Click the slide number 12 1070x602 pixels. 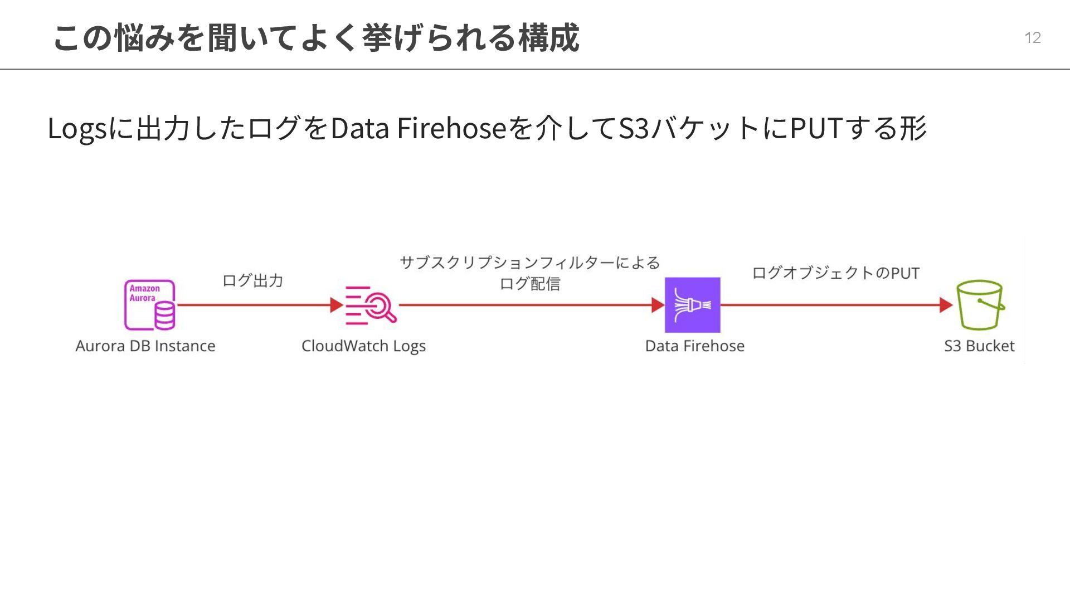click(1032, 37)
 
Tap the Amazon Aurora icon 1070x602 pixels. click(149, 305)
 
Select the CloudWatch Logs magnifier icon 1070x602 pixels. click(371, 305)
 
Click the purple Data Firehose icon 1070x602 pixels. click(692, 305)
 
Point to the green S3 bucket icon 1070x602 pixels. click(980, 305)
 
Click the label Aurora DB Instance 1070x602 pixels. click(145, 346)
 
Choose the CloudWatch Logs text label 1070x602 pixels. click(363, 346)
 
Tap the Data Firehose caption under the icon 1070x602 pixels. click(694, 346)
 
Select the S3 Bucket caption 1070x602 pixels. click(979, 346)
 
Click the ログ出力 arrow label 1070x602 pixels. click(252, 280)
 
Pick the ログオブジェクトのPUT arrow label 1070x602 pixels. click(835, 273)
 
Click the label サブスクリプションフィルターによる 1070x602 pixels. click(529, 263)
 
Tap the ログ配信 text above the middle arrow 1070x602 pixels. click(529, 284)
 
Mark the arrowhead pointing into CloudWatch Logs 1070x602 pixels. click(336, 305)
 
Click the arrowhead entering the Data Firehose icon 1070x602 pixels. click(658, 305)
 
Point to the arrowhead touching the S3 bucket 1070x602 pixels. click(946, 305)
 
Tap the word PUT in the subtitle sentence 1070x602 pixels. click(815, 128)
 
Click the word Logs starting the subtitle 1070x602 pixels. click(77, 129)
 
